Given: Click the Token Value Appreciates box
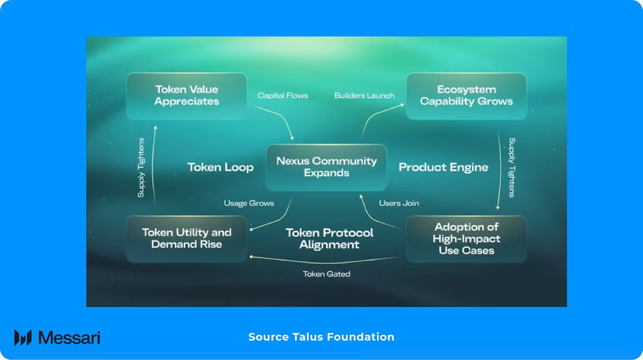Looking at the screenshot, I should (x=186, y=95).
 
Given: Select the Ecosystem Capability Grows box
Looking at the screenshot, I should (x=466, y=95).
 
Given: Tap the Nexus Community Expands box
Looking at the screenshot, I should (x=326, y=167).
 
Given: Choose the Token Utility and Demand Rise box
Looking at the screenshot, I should (x=186, y=238).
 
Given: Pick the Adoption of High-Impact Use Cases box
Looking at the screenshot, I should (x=466, y=238).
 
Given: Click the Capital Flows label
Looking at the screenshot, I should (x=283, y=95).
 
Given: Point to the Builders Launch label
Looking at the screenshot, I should (x=364, y=95).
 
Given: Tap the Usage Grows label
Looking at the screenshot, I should (x=249, y=203).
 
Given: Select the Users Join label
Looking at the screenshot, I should (x=399, y=203).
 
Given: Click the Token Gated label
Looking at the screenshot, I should (x=326, y=274).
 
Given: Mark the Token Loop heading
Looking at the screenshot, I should (x=220, y=167).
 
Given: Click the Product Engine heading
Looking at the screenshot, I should (x=443, y=167).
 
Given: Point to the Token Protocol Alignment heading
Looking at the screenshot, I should (x=330, y=238).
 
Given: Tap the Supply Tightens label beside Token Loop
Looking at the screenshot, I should (x=141, y=167).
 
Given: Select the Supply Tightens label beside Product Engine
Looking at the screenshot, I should (x=512, y=167).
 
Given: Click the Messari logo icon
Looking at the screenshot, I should (x=23, y=337).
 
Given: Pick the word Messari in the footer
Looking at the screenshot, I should (x=69, y=337).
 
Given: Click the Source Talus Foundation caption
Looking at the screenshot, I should (x=322, y=337).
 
